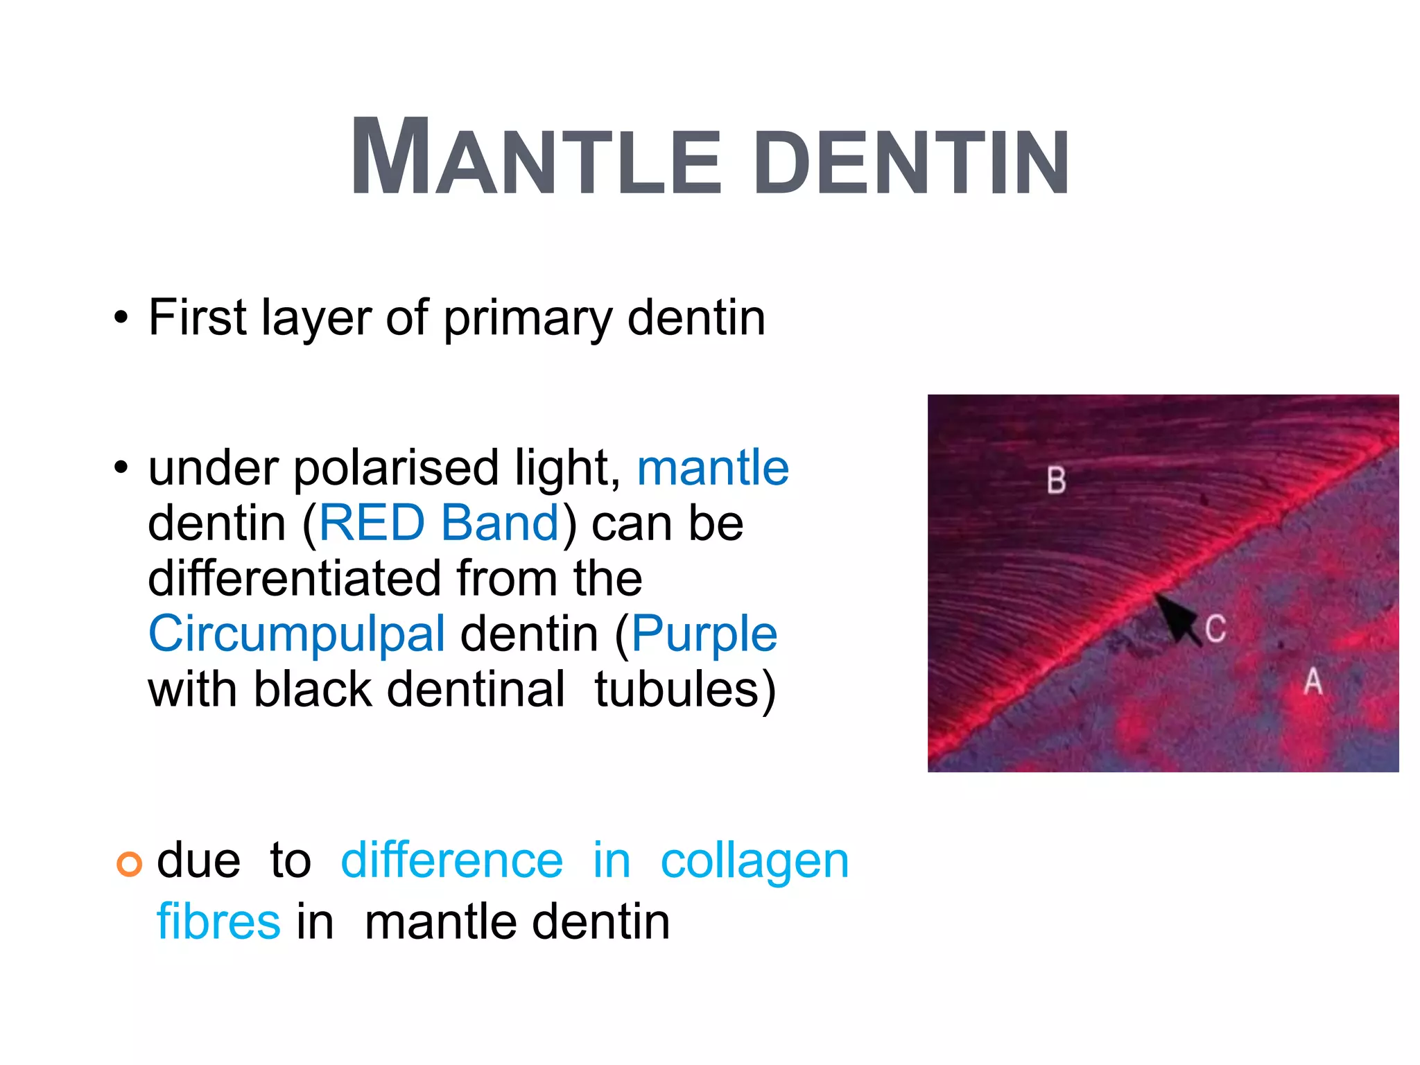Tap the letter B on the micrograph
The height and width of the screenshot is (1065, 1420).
pos(1056,480)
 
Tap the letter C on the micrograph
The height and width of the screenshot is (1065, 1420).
pos(1215,629)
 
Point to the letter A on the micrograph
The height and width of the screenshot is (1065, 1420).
pos(1313,681)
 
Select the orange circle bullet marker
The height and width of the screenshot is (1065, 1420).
pos(129,864)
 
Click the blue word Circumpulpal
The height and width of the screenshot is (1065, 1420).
pos(297,634)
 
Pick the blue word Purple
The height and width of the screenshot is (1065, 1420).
pos(704,634)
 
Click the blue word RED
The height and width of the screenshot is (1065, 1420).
pos(371,523)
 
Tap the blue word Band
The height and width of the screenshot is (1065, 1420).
pos(500,523)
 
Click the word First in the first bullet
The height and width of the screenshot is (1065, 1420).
pos(198,318)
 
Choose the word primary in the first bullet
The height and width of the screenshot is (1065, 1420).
pos(527,319)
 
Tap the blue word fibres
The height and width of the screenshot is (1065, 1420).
pos(218,922)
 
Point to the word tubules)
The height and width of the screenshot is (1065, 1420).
pos(685,689)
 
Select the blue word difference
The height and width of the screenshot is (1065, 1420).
pos(452,860)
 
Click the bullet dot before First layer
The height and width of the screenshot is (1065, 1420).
pos(122,319)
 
